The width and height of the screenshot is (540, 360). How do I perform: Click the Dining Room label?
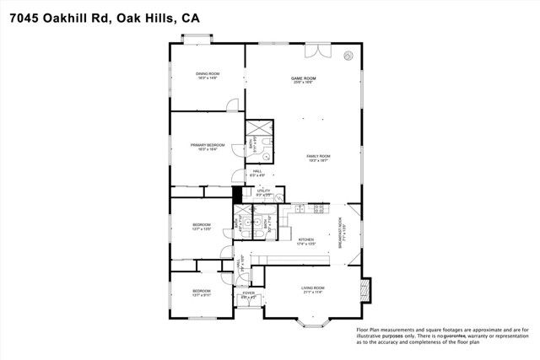[208, 76]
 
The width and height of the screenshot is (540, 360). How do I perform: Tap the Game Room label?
[303, 79]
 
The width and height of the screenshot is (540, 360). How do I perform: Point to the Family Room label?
[317, 158]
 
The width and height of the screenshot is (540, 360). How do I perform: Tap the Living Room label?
[313, 291]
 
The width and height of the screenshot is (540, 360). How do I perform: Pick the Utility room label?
[262, 192]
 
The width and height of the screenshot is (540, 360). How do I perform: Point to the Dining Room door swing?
[233, 104]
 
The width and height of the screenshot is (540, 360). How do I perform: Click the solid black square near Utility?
[237, 192]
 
